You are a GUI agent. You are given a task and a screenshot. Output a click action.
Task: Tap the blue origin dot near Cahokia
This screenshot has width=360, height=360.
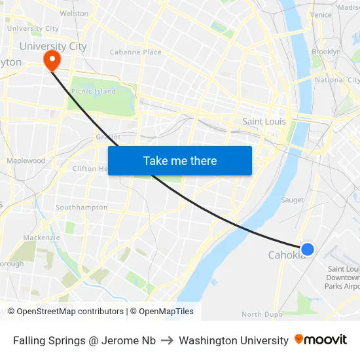(x=307, y=249)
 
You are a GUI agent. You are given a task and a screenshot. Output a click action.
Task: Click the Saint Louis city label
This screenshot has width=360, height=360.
(x=264, y=122)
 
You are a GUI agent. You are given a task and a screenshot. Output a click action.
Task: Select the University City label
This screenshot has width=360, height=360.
(x=52, y=46)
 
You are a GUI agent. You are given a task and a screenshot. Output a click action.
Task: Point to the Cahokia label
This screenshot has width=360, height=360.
(x=286, y=255)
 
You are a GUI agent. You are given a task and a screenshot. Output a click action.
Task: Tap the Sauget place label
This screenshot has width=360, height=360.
(x=292, y=200)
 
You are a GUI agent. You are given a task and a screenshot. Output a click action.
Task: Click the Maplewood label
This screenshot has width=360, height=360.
(x=26, y=160)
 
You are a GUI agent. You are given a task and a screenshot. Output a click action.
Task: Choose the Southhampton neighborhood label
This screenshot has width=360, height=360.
(x=82, y=207)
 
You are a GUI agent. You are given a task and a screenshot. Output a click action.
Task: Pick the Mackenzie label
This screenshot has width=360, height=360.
(x=41, y=238)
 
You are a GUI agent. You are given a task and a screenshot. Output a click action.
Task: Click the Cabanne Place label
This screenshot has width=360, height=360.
(x=135, y=52)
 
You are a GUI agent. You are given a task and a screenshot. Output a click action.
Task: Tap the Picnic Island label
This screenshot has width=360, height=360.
(x=93, y=92)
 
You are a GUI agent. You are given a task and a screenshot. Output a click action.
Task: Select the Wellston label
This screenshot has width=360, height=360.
(x=74, y=13)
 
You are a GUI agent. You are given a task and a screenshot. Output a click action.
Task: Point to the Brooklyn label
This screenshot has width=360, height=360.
(x=326, y=52)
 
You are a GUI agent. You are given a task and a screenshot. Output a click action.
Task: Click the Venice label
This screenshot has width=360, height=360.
(x=321, y=15)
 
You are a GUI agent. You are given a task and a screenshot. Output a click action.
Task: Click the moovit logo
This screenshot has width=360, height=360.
(x=321, y=340)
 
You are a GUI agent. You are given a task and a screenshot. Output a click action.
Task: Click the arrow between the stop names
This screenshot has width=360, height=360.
(x=167, y=340)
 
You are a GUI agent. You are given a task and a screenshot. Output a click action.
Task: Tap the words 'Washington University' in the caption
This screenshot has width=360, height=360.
(x=234, y=340)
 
